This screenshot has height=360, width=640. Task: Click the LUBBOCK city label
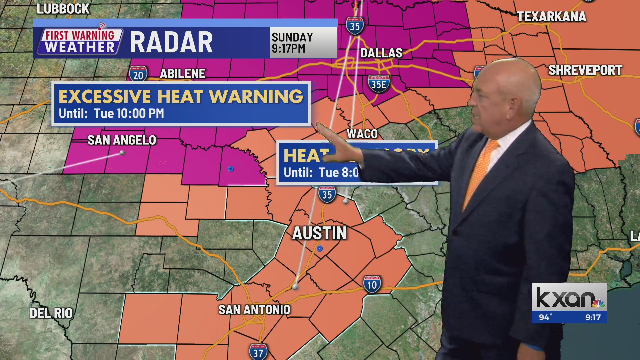[63, 9]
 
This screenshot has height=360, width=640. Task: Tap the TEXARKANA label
[551, 17]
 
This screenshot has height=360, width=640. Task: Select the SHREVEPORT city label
[585, 70]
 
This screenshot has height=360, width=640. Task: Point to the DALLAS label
[381, 53]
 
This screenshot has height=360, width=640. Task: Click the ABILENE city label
[183, 74]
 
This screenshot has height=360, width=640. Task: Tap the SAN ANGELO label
[122, 140]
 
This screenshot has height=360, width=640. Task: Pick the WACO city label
[362, 134]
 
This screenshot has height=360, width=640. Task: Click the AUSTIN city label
[319, 233]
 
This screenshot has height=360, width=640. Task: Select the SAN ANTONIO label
[254, 310]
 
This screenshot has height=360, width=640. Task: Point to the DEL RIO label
[51, 313]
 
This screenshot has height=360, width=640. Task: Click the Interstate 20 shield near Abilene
[138, 74]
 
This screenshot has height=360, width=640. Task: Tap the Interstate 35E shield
[379, 84]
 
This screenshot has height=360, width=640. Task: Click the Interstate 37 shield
[258, 352]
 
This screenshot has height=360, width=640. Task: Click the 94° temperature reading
[545, 317]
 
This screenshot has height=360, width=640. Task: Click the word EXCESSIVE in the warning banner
[104, 97]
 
